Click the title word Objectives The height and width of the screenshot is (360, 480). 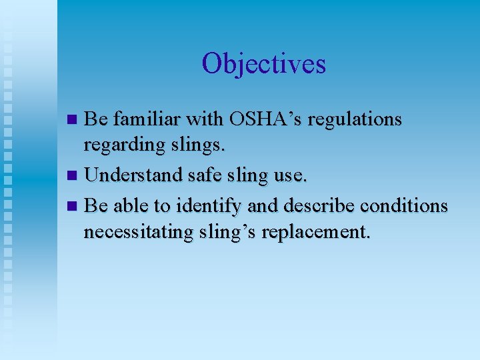point(263,64)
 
